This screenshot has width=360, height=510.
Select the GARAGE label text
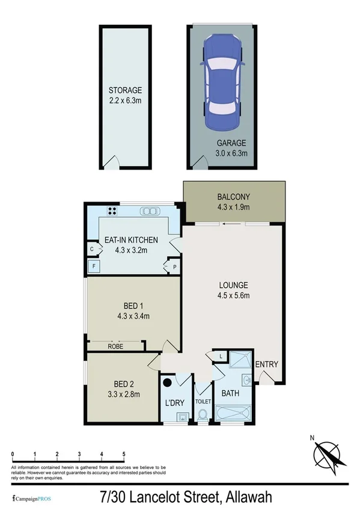231,143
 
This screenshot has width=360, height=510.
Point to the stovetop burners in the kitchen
112,211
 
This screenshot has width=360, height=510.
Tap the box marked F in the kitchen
93,265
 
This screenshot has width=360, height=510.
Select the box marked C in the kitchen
92,248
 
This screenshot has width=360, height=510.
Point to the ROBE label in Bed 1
116,346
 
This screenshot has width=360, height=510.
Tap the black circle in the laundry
168,382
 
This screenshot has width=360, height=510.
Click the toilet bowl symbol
203,414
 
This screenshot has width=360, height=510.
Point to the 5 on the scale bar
124,453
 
